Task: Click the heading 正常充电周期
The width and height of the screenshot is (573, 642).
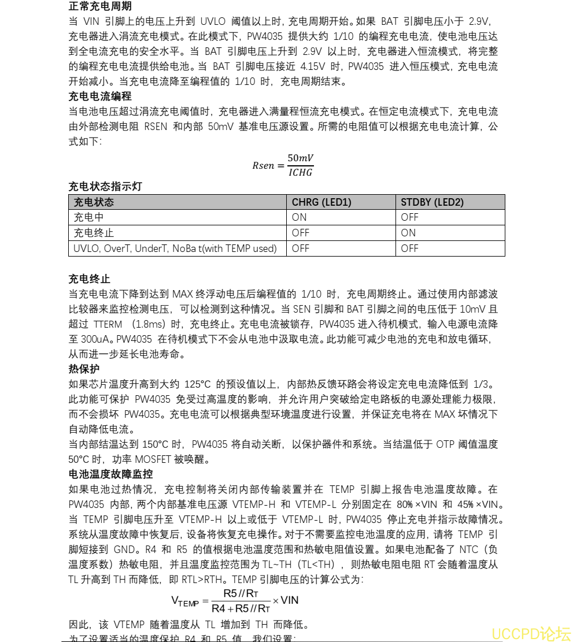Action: (x=100, y=6)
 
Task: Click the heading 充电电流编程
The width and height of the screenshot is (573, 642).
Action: (x=100, y=96)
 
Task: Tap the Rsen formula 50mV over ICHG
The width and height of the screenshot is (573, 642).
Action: (x=283, y=165)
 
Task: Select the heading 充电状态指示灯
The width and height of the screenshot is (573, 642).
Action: (x=105, y=186)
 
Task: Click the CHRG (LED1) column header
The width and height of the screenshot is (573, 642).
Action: (x=321, y=202)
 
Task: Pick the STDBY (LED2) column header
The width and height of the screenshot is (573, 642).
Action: (x=432, y=202)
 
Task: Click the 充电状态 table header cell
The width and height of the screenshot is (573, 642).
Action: (x=94, y=202)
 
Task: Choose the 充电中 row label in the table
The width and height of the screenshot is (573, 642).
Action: (x=88, y=217)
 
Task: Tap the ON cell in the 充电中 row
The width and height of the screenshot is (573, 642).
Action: (x=299, y=217)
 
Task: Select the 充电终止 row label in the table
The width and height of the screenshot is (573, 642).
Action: (x=94, y=233)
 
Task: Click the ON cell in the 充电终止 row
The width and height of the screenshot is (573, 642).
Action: (x=408, y=233)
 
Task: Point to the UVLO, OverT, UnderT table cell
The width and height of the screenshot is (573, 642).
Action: (x=175, y=248)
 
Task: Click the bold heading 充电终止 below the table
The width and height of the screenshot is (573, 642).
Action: (x=89, y=279)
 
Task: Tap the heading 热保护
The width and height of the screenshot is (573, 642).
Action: (x=84, y=369)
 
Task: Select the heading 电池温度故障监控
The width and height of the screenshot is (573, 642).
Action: (x=110, y=474)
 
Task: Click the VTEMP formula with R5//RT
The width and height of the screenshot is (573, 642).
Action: (x=235, y=601)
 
